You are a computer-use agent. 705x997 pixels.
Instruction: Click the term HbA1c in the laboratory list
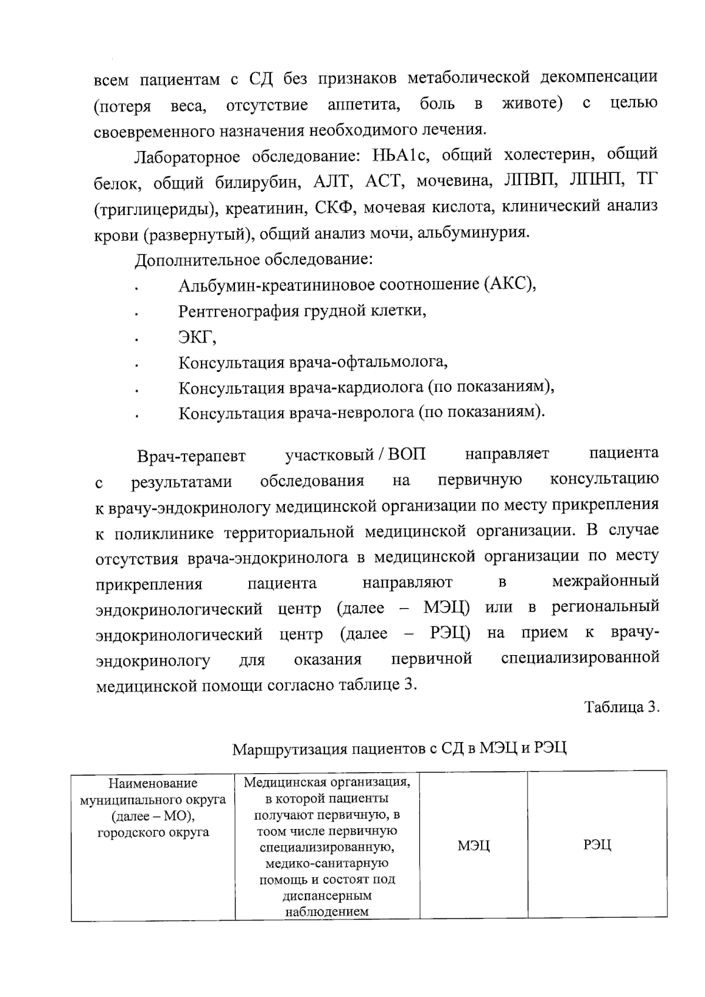click(402, 156)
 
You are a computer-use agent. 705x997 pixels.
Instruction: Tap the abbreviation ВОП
click(407, 455)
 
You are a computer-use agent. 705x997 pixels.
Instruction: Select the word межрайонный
click(606, 582)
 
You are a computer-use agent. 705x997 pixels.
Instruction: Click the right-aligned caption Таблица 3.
click(622, 707)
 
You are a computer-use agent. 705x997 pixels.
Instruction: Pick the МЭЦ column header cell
click(474, 845)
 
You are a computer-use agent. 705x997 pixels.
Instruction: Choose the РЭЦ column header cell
click(597, 845)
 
